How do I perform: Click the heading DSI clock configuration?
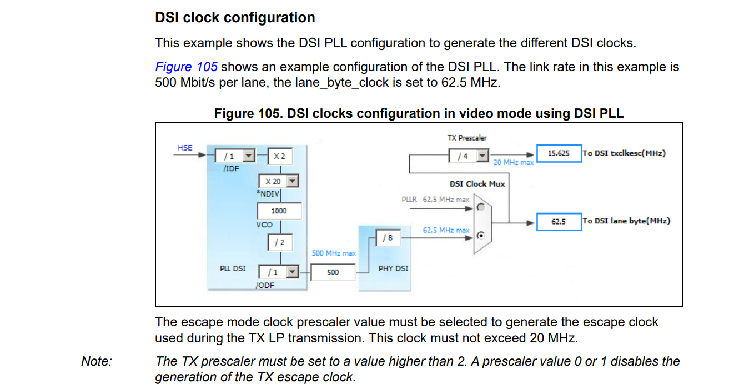[235, 18]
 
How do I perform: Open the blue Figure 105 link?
[186, 67]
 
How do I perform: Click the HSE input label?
[185, 148]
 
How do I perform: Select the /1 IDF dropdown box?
[234, 156]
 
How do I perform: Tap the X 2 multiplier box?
[279, 156]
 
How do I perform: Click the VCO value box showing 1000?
[279, 211]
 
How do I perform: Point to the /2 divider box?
[279, 242]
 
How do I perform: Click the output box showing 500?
[333, 272]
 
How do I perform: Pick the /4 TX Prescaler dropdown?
[469, 156]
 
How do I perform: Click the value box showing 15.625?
[559, 153]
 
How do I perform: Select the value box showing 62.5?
[559, 221]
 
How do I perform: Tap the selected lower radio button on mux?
[481, 235]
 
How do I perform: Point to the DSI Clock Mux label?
[477, 184]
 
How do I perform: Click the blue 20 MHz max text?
[514, 163]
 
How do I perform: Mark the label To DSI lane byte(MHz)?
[626, 221]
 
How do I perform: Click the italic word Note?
[97, 362]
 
